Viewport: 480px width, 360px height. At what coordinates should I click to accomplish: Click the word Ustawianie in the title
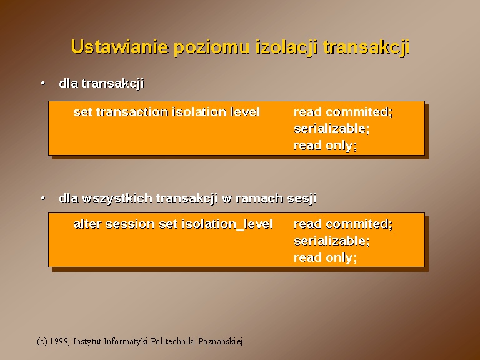120,47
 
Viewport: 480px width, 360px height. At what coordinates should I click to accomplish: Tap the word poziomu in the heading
211,48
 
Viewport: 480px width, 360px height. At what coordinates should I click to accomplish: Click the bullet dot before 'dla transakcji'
43,83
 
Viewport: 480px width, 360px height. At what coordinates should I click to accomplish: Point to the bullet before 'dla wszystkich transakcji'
43,198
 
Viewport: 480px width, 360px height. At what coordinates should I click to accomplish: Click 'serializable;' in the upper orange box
331,129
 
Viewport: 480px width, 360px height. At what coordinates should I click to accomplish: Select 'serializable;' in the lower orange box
331,241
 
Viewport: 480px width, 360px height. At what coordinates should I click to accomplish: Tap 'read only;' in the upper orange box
326,146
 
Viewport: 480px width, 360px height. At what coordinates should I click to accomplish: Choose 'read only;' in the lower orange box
326,257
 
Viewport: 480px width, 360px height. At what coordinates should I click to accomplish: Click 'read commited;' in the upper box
343,112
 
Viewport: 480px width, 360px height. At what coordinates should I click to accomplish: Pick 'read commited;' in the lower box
343,224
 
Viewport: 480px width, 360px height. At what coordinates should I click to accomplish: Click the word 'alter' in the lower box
87,224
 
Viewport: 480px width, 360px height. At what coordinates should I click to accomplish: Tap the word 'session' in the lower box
130,225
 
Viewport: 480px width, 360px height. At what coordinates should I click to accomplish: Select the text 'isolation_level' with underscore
227,224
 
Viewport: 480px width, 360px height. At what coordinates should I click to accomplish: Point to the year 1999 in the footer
59,341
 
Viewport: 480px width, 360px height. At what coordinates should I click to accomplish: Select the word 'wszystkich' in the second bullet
117,198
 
